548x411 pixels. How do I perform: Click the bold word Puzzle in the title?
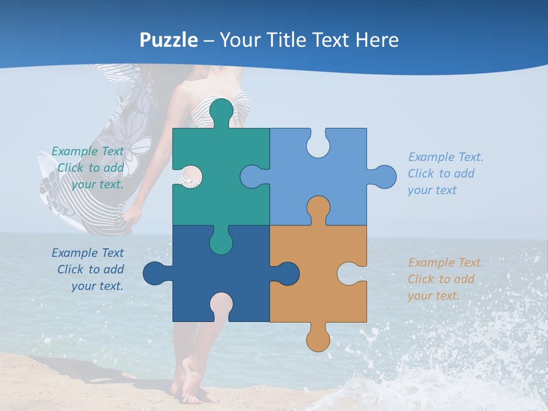click(x=169, y=40)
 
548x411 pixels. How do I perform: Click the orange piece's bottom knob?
click(x=318, y=339)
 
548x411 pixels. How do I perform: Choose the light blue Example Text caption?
click(x=445, y=174)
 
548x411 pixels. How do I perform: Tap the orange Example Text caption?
click(x=445, y=279)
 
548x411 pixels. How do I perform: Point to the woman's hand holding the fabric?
click(x=132, y=215)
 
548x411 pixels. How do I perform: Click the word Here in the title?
click(x=377, y=40)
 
